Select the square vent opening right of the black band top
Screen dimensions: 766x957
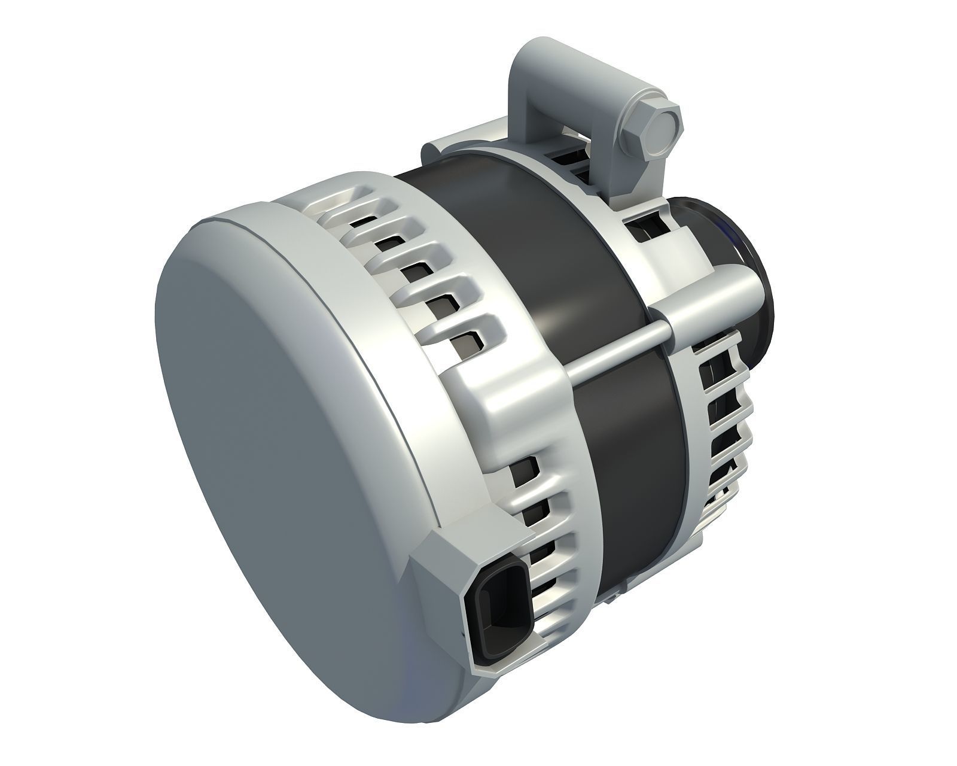(x=643, y=230)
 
